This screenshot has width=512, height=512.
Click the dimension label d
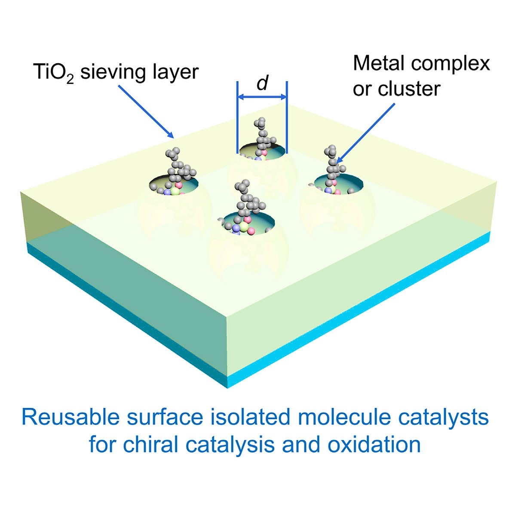point(263,83)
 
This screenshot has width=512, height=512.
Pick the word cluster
point(409,89)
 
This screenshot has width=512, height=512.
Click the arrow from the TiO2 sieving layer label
point(146,112)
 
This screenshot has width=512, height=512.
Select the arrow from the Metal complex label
point(365,133)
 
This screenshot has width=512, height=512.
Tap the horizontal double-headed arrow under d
point(262,97)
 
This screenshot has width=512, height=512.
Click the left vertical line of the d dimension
point(238,117)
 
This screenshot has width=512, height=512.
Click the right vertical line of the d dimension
point(287,117)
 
